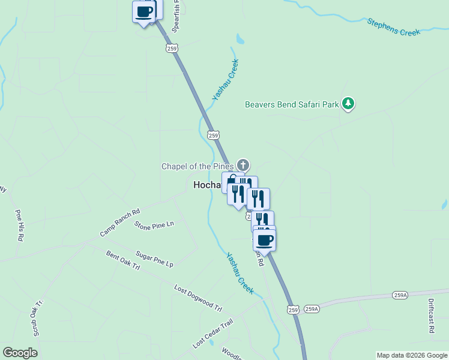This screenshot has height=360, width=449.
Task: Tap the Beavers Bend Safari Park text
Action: pos(292,104)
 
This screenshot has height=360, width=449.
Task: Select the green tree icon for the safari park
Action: pos(348,104)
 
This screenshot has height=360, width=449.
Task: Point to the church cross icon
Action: pos(243,164)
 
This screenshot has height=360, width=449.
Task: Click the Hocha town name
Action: pos(207,185)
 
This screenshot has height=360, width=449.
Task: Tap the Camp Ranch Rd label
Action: pos(119,222)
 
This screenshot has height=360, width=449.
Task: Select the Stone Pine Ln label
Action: pos(154,225)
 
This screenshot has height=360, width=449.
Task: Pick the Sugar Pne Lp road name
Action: pos(154,259)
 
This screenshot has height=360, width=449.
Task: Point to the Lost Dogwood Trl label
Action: pos(198,298)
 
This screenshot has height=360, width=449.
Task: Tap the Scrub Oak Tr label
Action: pos(38,317)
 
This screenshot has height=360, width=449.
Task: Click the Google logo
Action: pos(20,353)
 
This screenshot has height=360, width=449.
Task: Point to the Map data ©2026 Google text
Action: pos(411,355)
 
